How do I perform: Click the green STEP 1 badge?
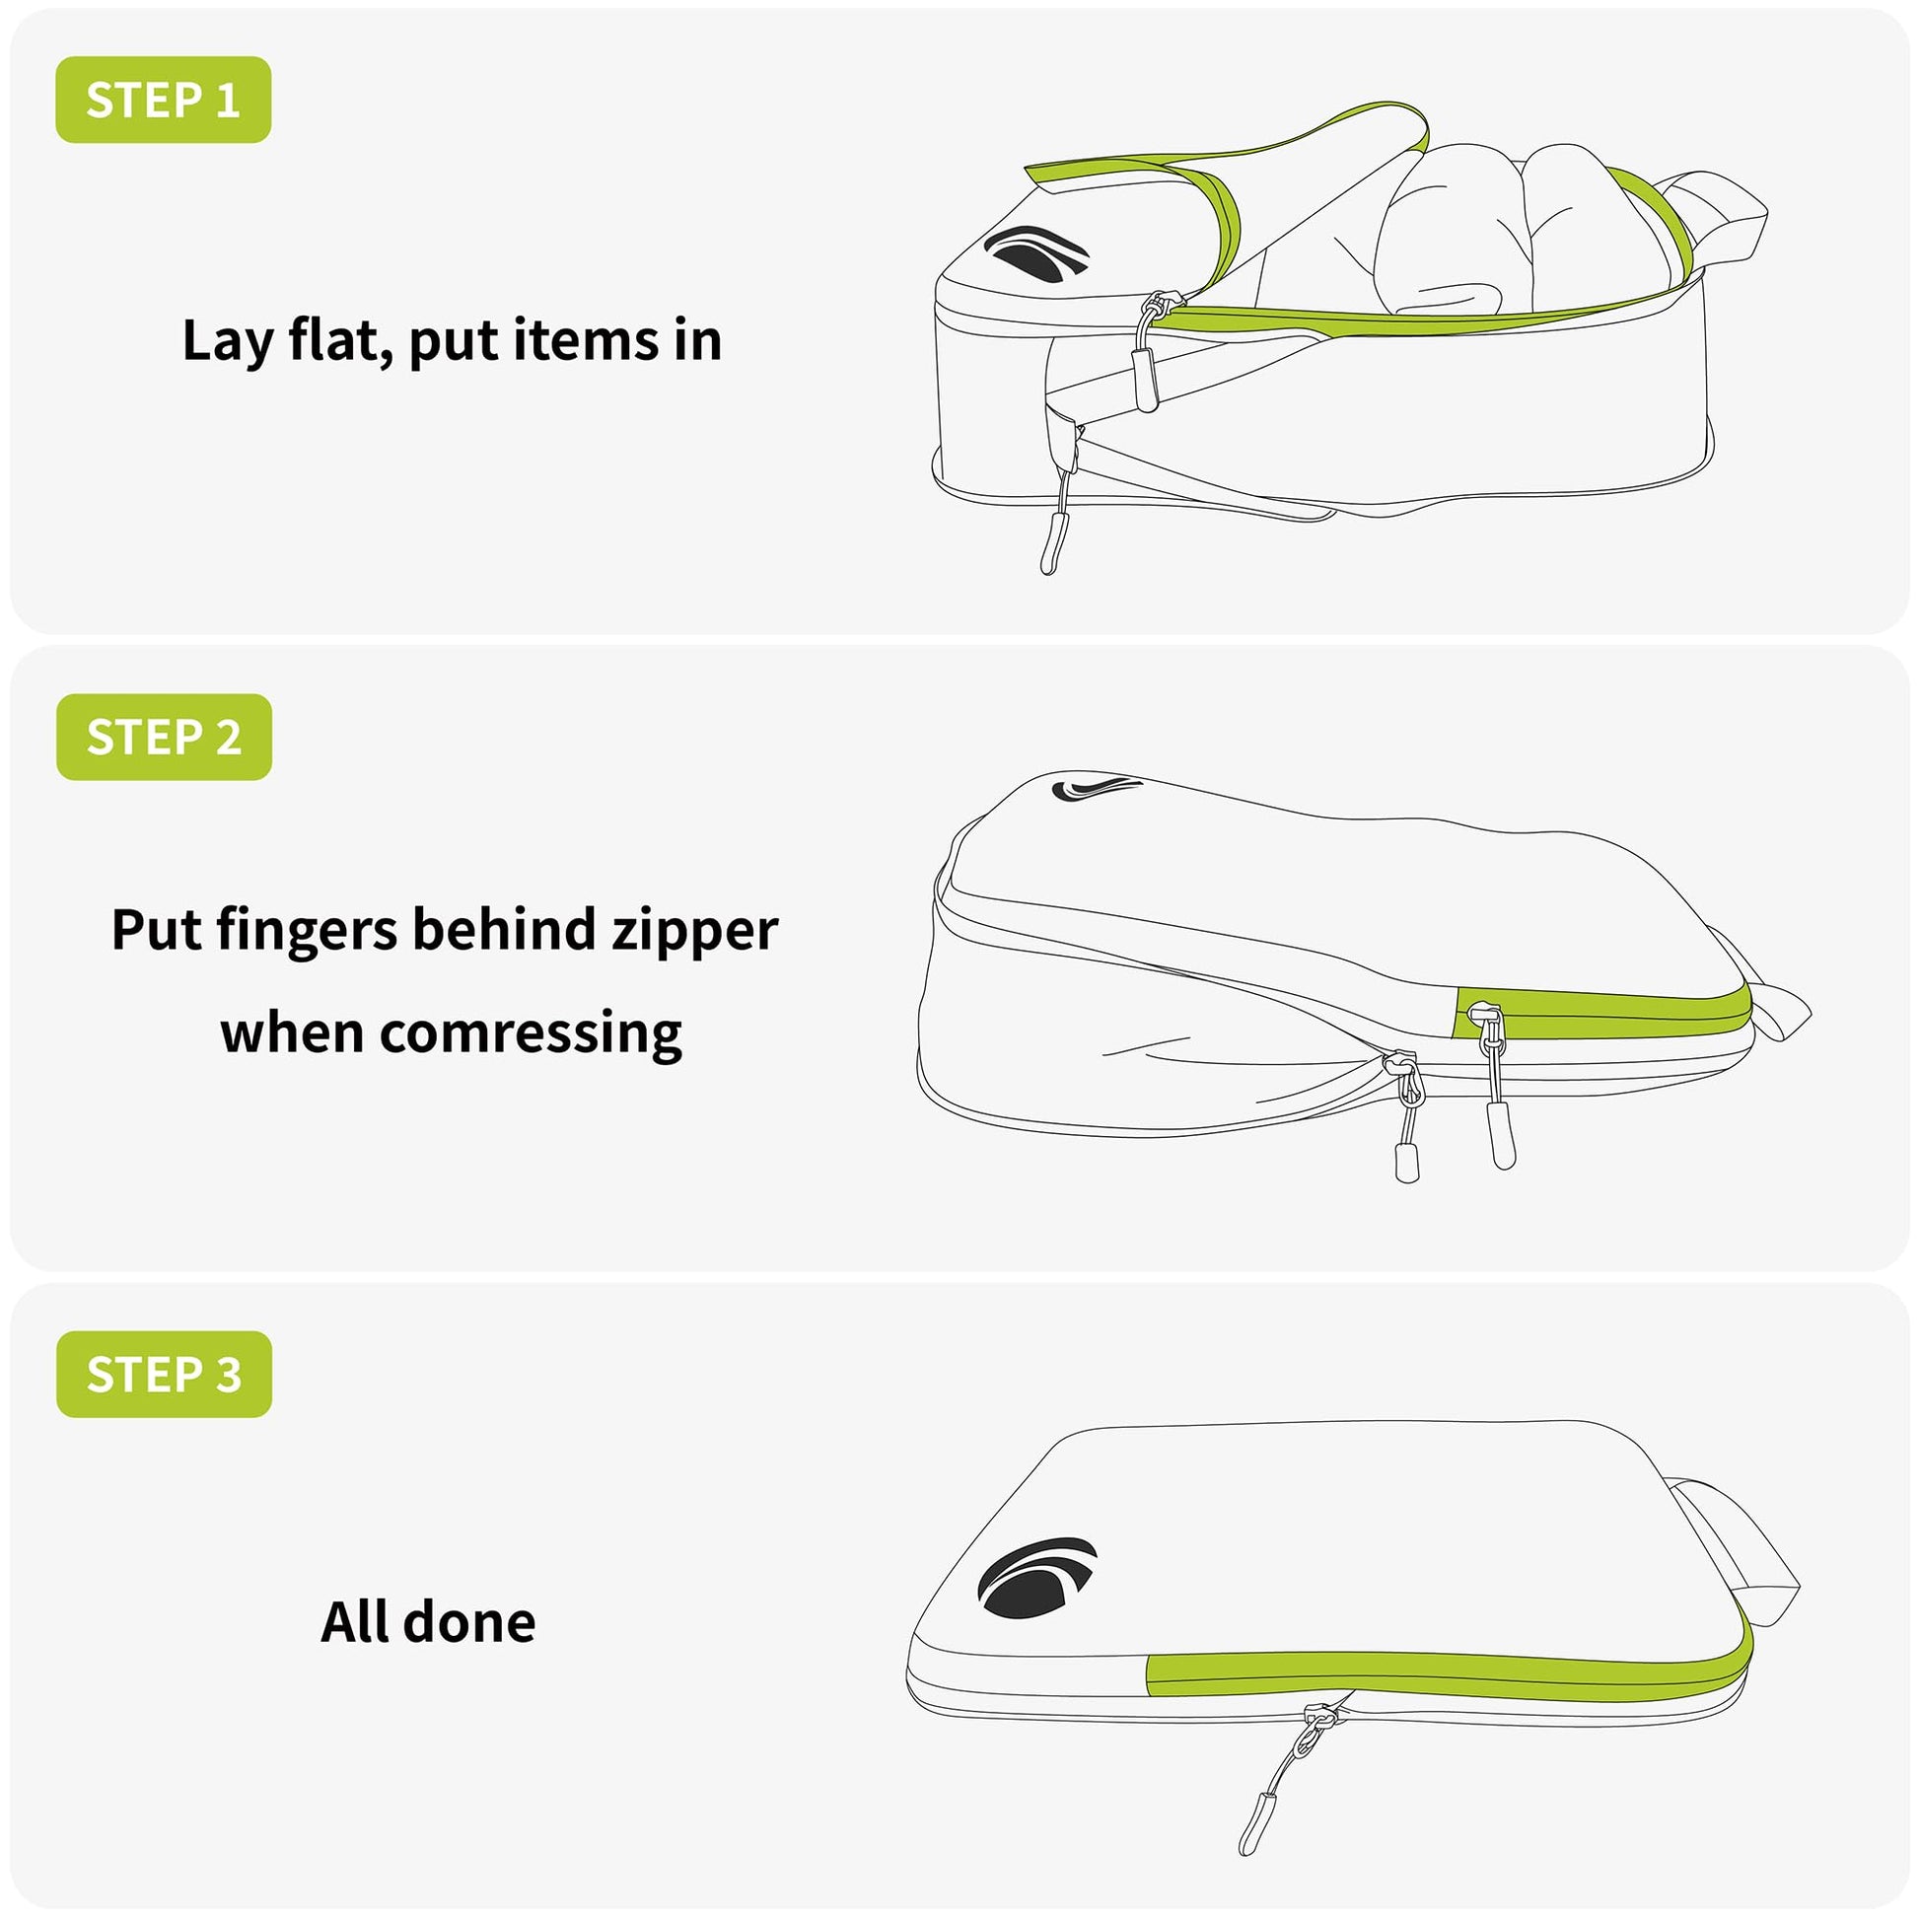(x=163, y=100)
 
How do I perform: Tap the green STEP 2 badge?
(x=164, y=737)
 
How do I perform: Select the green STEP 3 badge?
(x=164, y=1375)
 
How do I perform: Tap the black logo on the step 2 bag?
(x=1096, y=788)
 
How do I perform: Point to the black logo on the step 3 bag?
(x=1037, y=1578)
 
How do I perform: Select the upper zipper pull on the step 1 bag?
(x=1149, y=353)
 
